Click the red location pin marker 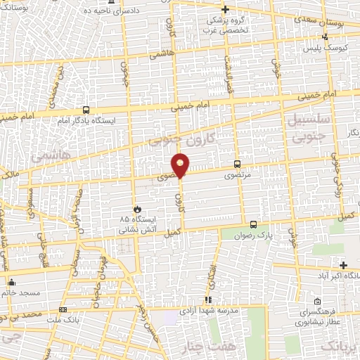pos(181,165)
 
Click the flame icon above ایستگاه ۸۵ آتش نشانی pos(138,209)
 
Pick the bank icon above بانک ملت pos(64,309)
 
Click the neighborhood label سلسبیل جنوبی pos(304,129)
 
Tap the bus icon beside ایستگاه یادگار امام pos(86,110)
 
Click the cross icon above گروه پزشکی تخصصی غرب pos(225,9)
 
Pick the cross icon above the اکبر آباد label pos(343,265)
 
